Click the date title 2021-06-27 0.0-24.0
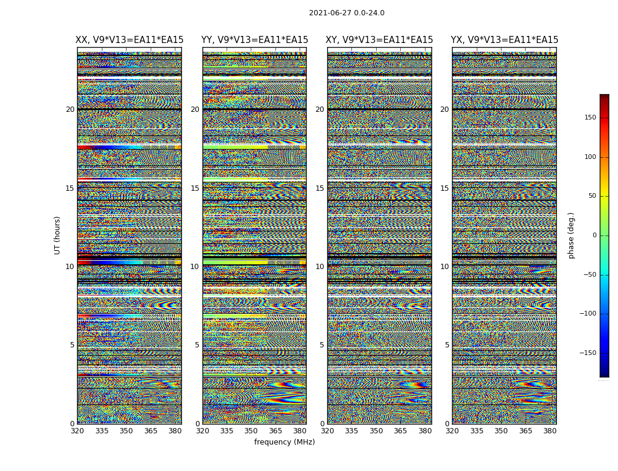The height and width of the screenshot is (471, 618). coord(347,13)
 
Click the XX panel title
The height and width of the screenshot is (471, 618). coord(129,40)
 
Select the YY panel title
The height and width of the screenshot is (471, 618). coord(254,40)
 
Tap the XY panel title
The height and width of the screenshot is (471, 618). coord(380,40)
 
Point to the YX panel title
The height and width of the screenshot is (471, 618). coord(504,40)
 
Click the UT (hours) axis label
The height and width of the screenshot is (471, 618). coord(58,235)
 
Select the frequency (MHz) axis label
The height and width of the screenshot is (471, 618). coord(284,442)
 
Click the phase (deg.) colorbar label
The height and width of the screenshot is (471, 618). coord(571,235)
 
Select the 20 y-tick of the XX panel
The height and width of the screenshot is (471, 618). coord(70,110)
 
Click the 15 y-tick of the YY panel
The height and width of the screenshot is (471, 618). coord(195,188)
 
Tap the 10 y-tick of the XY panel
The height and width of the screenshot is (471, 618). coord(320,267)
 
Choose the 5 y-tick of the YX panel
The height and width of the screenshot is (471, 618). coord(447,345)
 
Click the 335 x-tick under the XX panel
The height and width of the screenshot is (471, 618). coord(102,431)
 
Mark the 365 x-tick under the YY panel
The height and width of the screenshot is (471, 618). coord(275,431)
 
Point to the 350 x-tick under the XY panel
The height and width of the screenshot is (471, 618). coord(376,431)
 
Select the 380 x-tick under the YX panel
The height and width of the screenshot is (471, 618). coord(550,431)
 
